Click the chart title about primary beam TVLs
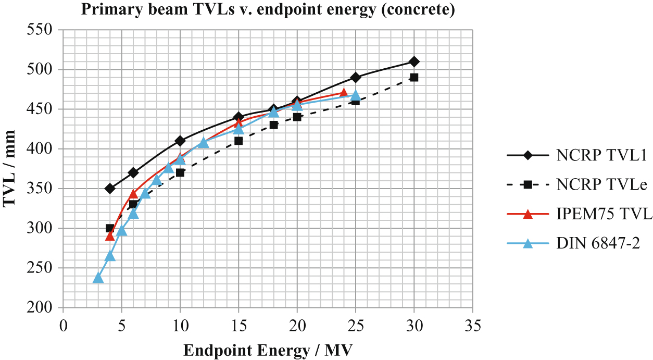268,10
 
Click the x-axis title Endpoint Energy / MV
268,350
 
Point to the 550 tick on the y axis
43,30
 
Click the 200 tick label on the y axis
43,308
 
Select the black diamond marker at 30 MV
414,61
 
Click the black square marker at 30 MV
414,78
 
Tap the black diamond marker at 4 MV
110,189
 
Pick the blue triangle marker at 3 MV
98,278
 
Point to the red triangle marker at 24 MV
344,93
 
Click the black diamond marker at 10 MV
180,141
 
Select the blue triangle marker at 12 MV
204,142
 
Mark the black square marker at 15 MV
238,141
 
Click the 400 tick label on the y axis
43,149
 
